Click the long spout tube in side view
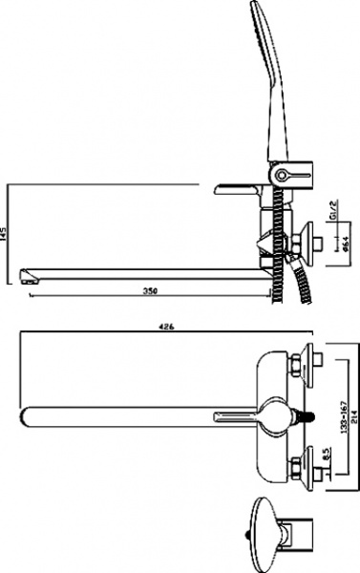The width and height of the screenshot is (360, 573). click(x=143, y=269)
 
